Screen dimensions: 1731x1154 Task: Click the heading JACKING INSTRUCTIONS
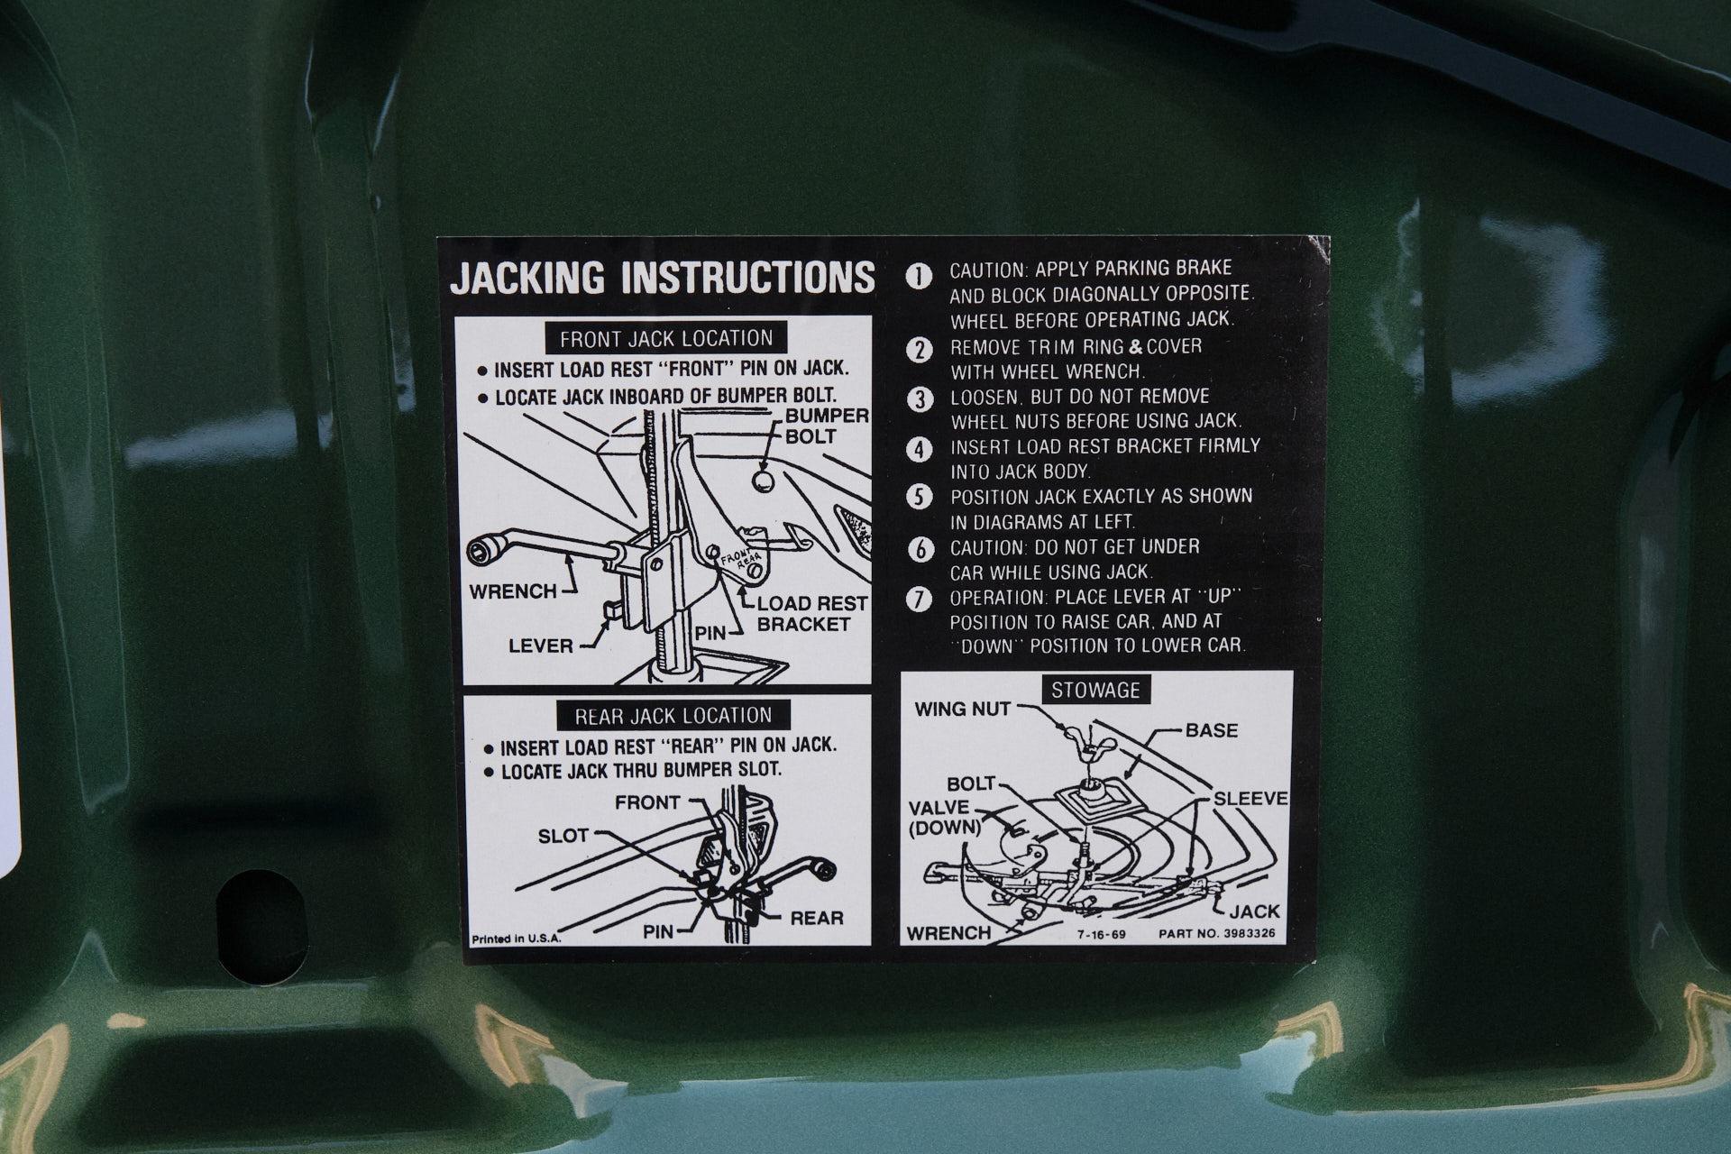coord(663,278)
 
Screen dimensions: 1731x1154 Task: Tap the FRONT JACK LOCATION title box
coord(666,339)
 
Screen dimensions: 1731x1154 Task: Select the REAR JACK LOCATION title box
coord(673,716)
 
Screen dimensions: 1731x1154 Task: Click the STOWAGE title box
coord(1095,691)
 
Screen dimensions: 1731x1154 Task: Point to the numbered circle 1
coord(918,277)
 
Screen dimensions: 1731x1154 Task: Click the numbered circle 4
coord(918,449)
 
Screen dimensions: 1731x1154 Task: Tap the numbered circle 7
coord(918,600)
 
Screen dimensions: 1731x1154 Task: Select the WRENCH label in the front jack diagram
coord(513,591)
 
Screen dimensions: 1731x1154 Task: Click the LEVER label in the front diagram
coord(541,646)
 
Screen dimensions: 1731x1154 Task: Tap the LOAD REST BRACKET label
coord(811,613)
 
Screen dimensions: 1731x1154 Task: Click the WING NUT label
coord(963,710)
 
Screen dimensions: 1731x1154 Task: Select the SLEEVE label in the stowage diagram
coord(1250,799)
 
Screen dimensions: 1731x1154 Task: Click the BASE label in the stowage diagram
coord(1212,730)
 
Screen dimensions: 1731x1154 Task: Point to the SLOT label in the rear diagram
coord(563,836)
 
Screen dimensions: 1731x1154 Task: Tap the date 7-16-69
coord(1100,934)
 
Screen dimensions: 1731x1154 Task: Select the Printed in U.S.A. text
coord(516,939)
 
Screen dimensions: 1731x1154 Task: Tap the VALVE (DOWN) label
coord(944,817)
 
